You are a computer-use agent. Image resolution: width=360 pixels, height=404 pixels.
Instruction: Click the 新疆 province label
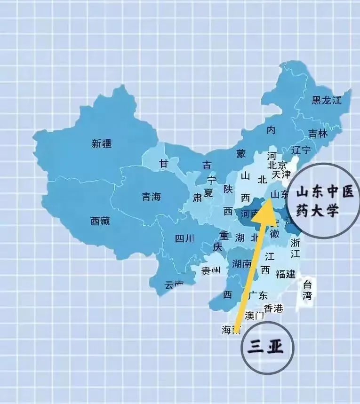click(102, 144)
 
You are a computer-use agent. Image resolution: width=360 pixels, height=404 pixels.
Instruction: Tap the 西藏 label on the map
click(100, 221)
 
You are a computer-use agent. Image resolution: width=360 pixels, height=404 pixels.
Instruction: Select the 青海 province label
click(151, 197)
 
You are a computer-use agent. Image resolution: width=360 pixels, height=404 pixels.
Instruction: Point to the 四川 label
click(184, 238)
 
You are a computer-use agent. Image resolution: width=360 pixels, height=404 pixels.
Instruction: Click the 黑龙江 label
click(326, 100)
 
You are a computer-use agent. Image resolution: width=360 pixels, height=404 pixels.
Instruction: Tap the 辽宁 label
click(301, 151)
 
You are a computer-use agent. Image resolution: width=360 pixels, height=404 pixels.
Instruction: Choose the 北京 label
click(277, 165)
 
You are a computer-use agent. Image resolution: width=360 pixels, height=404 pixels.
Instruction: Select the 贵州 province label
click(211, 270)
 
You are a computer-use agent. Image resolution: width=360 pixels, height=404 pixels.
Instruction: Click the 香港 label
click(273, 309)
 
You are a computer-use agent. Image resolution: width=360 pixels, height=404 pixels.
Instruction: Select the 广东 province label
click(257, 295)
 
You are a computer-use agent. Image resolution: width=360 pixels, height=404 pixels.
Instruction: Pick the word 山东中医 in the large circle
click(324, 191)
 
